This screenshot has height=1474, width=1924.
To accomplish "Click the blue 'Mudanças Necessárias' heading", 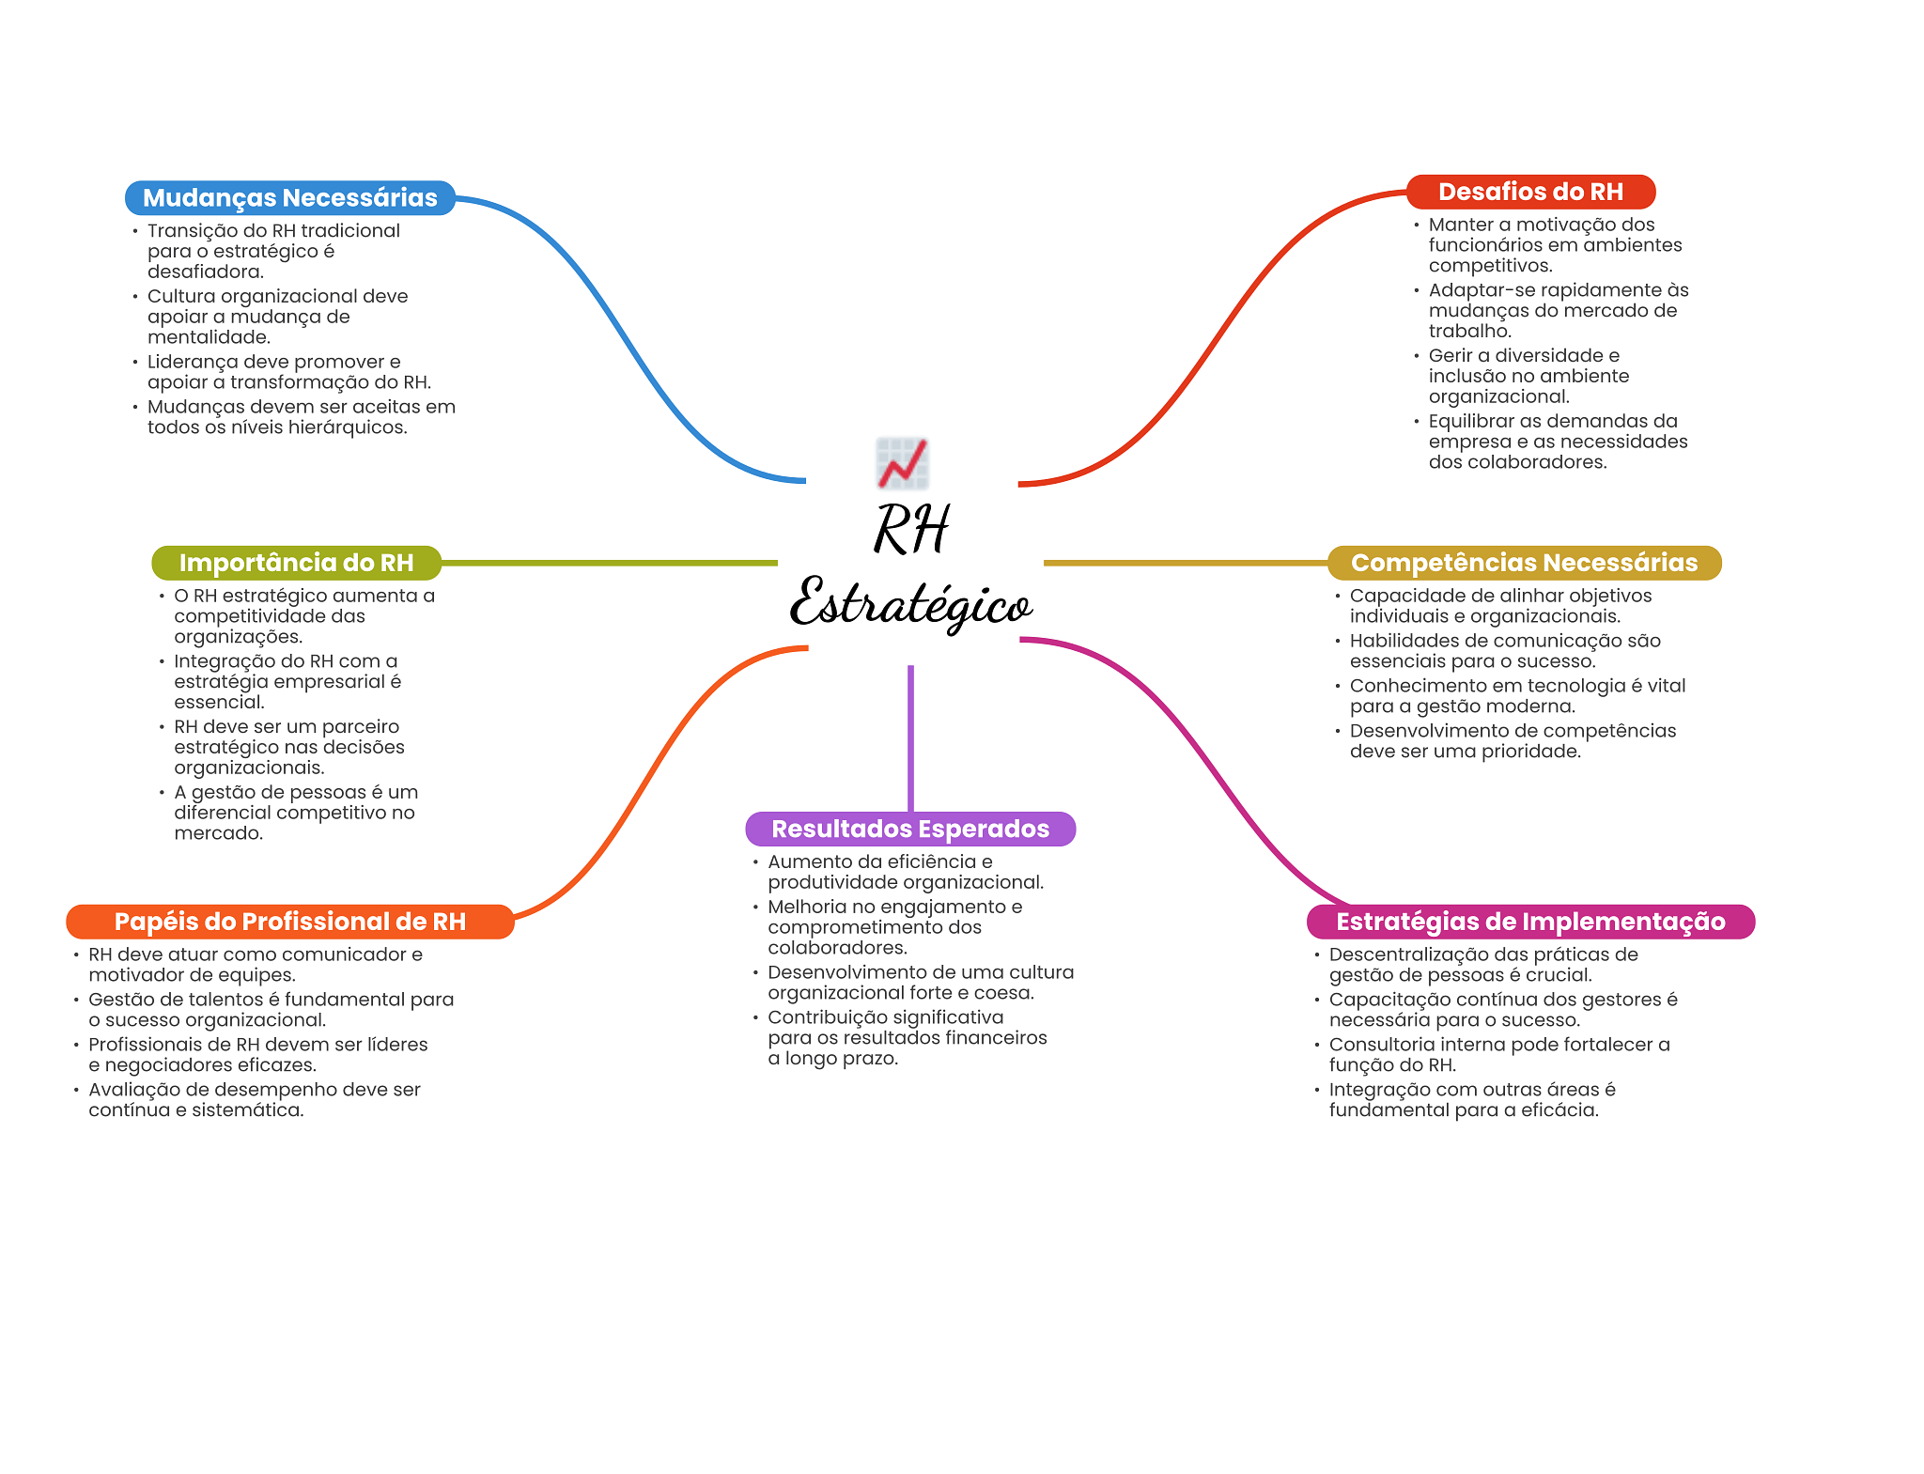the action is pyautogui.click(x=289, y=197).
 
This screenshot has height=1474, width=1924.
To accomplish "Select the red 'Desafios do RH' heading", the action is pyautogui.click(x=1529, y=192).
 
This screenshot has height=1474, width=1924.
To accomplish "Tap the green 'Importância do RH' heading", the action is pyautogui.click(x=296, y=563).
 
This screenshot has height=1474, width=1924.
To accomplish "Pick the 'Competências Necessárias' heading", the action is pyautogui.click(x=1523, y=563).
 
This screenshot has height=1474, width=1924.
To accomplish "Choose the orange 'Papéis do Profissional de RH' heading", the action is pyautogui.click(x=289, y=922).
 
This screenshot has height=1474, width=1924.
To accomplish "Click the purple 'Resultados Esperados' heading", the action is pyautogui.click(x=909, y=829).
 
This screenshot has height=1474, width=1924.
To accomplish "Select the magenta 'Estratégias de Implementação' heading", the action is pyautogui.click(x=1529, y=922).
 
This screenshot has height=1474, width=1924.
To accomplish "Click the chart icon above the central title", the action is pyautogui.click(x=902, y=463).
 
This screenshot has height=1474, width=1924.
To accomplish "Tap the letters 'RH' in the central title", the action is pyautogui.click(x=910, y=529).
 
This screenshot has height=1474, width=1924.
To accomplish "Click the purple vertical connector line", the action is pyautogui.click(x=910, y=737).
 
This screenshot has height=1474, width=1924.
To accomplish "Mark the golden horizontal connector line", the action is pyautogui.click(x=1184, y=563).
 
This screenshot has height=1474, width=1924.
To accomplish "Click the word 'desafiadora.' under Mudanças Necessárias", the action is pyautogui.click(x=206, y=272).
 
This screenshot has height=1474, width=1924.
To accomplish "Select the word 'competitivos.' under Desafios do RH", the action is pyautogui.click(x=1490, y=266).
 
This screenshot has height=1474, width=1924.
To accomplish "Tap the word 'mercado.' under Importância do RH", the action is pyautogui.click(x=218, y=833).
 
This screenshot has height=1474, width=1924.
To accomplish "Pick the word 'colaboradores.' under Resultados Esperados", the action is pyautogui.click(x=837, y=948).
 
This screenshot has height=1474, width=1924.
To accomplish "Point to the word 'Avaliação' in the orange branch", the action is pyautogui.click(x=133, y=1090).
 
